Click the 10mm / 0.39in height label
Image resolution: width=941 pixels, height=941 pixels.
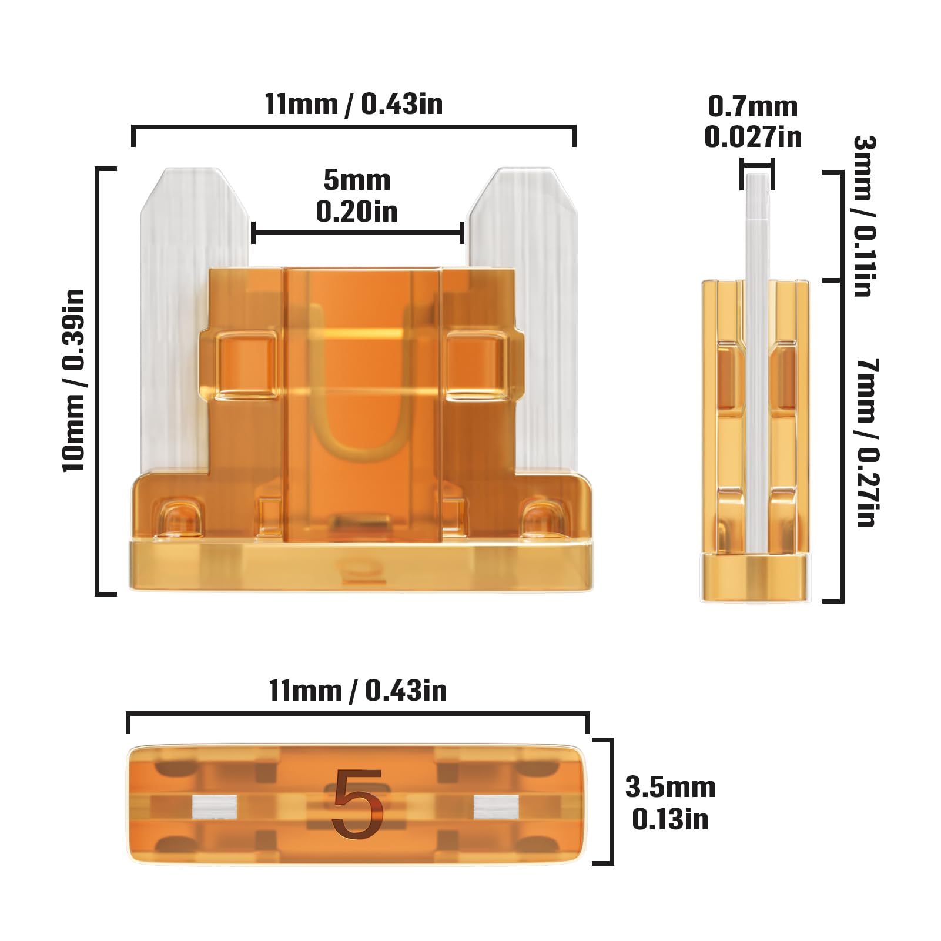coord(75,380)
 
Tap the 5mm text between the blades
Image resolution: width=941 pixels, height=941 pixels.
coord(357,180)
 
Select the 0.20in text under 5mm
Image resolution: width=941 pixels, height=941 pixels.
coord(357,212)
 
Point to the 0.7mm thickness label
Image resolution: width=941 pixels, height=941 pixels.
coord(752,106)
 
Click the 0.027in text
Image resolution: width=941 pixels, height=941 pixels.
coord(753,137)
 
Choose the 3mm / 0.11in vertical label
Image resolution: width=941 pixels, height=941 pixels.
coord(865,216)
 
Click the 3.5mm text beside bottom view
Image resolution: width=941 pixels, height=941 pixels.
coord(670,788)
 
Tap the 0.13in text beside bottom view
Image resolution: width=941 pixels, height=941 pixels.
coord(670,819)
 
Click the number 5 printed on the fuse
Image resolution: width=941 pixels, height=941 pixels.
coord(357,803)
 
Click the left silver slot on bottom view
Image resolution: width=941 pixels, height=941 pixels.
coord(215,807)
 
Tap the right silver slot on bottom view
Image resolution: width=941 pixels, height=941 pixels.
coord(497,807)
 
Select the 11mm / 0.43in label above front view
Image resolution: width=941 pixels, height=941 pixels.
coord(353,104)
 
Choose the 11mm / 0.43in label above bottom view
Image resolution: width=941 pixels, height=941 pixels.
coord(357,690)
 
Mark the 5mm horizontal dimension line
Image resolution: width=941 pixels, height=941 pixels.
coord(357,233)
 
